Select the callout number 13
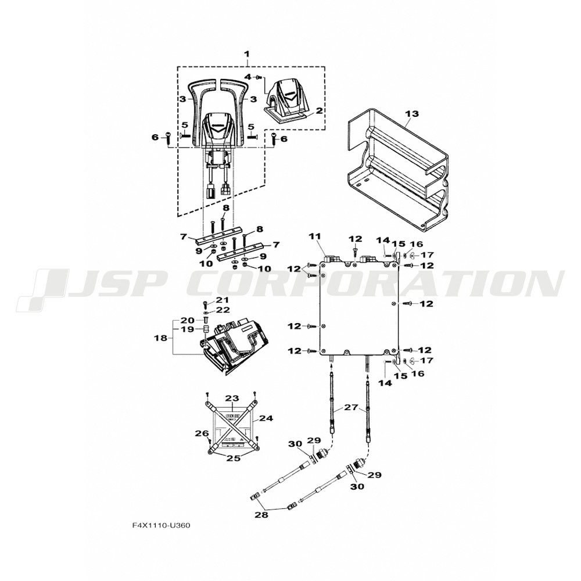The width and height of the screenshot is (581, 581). pos(411,114)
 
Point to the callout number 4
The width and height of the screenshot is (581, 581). pos(248,77)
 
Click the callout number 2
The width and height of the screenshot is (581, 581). pos(319,110)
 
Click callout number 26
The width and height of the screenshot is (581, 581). pos(198,433)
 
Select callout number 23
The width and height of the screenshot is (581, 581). pos(232,399)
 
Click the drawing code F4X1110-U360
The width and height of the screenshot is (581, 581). pos(161,525)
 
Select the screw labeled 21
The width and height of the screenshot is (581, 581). pos(205,304)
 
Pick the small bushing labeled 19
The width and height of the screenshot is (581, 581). pos(205,329)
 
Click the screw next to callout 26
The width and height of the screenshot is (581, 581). pos(209,440)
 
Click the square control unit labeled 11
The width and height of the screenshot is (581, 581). pos(359,308)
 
